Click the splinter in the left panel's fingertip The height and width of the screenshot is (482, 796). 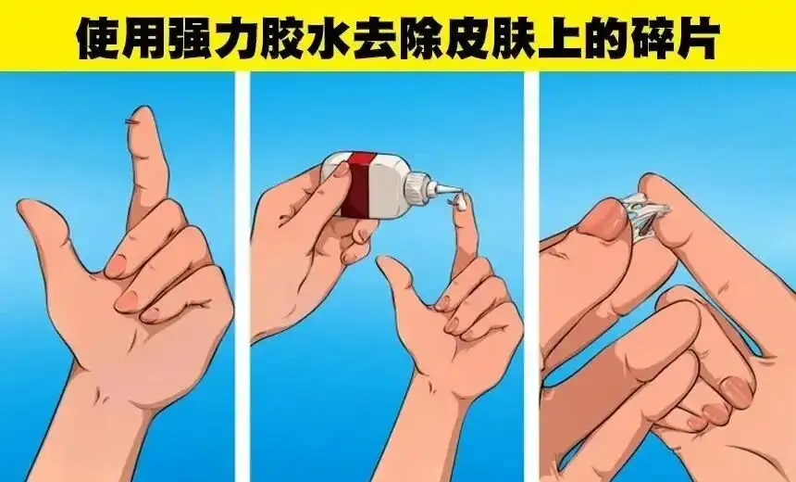pyautogui.click(x=131, y=121)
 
